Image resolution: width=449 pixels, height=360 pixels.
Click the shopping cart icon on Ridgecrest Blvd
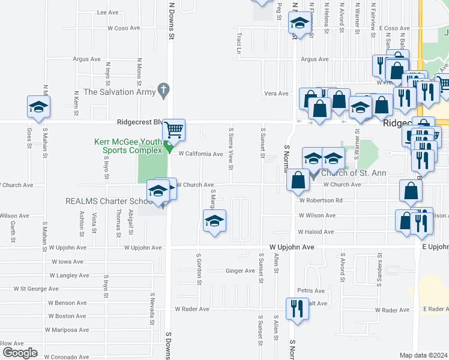(x=173, y=129)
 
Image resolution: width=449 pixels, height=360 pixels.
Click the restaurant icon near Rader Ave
(x=297, y=308)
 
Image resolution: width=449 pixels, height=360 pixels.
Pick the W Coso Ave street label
(x=124, y=28)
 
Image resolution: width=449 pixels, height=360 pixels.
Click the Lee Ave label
(x=108, y=12)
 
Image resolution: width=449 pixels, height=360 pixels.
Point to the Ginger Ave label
(x=240, y=271)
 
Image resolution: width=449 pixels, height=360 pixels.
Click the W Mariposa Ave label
(x=67, y=329)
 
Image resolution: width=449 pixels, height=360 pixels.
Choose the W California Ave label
(x=200, y=154)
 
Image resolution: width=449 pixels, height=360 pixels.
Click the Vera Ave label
(x=277, y=93)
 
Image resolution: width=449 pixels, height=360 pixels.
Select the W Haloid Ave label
(x=316, y=232)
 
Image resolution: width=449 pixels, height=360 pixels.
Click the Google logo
(x=20, y=353)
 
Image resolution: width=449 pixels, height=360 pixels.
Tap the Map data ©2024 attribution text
(x=424, y=355)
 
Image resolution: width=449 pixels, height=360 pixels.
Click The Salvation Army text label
(x=118, y=92)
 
